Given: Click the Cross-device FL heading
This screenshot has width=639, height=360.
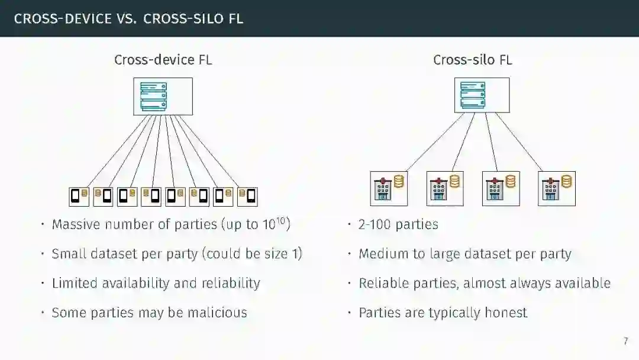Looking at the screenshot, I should (163, 60).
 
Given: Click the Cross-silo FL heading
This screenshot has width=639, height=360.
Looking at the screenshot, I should (472, 60).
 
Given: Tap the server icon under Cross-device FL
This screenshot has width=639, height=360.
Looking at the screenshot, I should (163, 97).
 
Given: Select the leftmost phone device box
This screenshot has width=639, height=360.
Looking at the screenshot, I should (79, 197).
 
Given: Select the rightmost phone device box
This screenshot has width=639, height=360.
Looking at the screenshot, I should (247, 197).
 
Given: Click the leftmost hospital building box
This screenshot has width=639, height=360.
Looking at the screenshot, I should (389, 188).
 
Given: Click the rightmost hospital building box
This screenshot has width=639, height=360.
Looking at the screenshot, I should (557, 188).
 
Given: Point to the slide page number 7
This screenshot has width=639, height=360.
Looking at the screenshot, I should (625, 342).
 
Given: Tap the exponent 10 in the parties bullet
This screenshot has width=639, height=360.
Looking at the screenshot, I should (281, 221).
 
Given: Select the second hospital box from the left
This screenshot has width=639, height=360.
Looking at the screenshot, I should (445, 188).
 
